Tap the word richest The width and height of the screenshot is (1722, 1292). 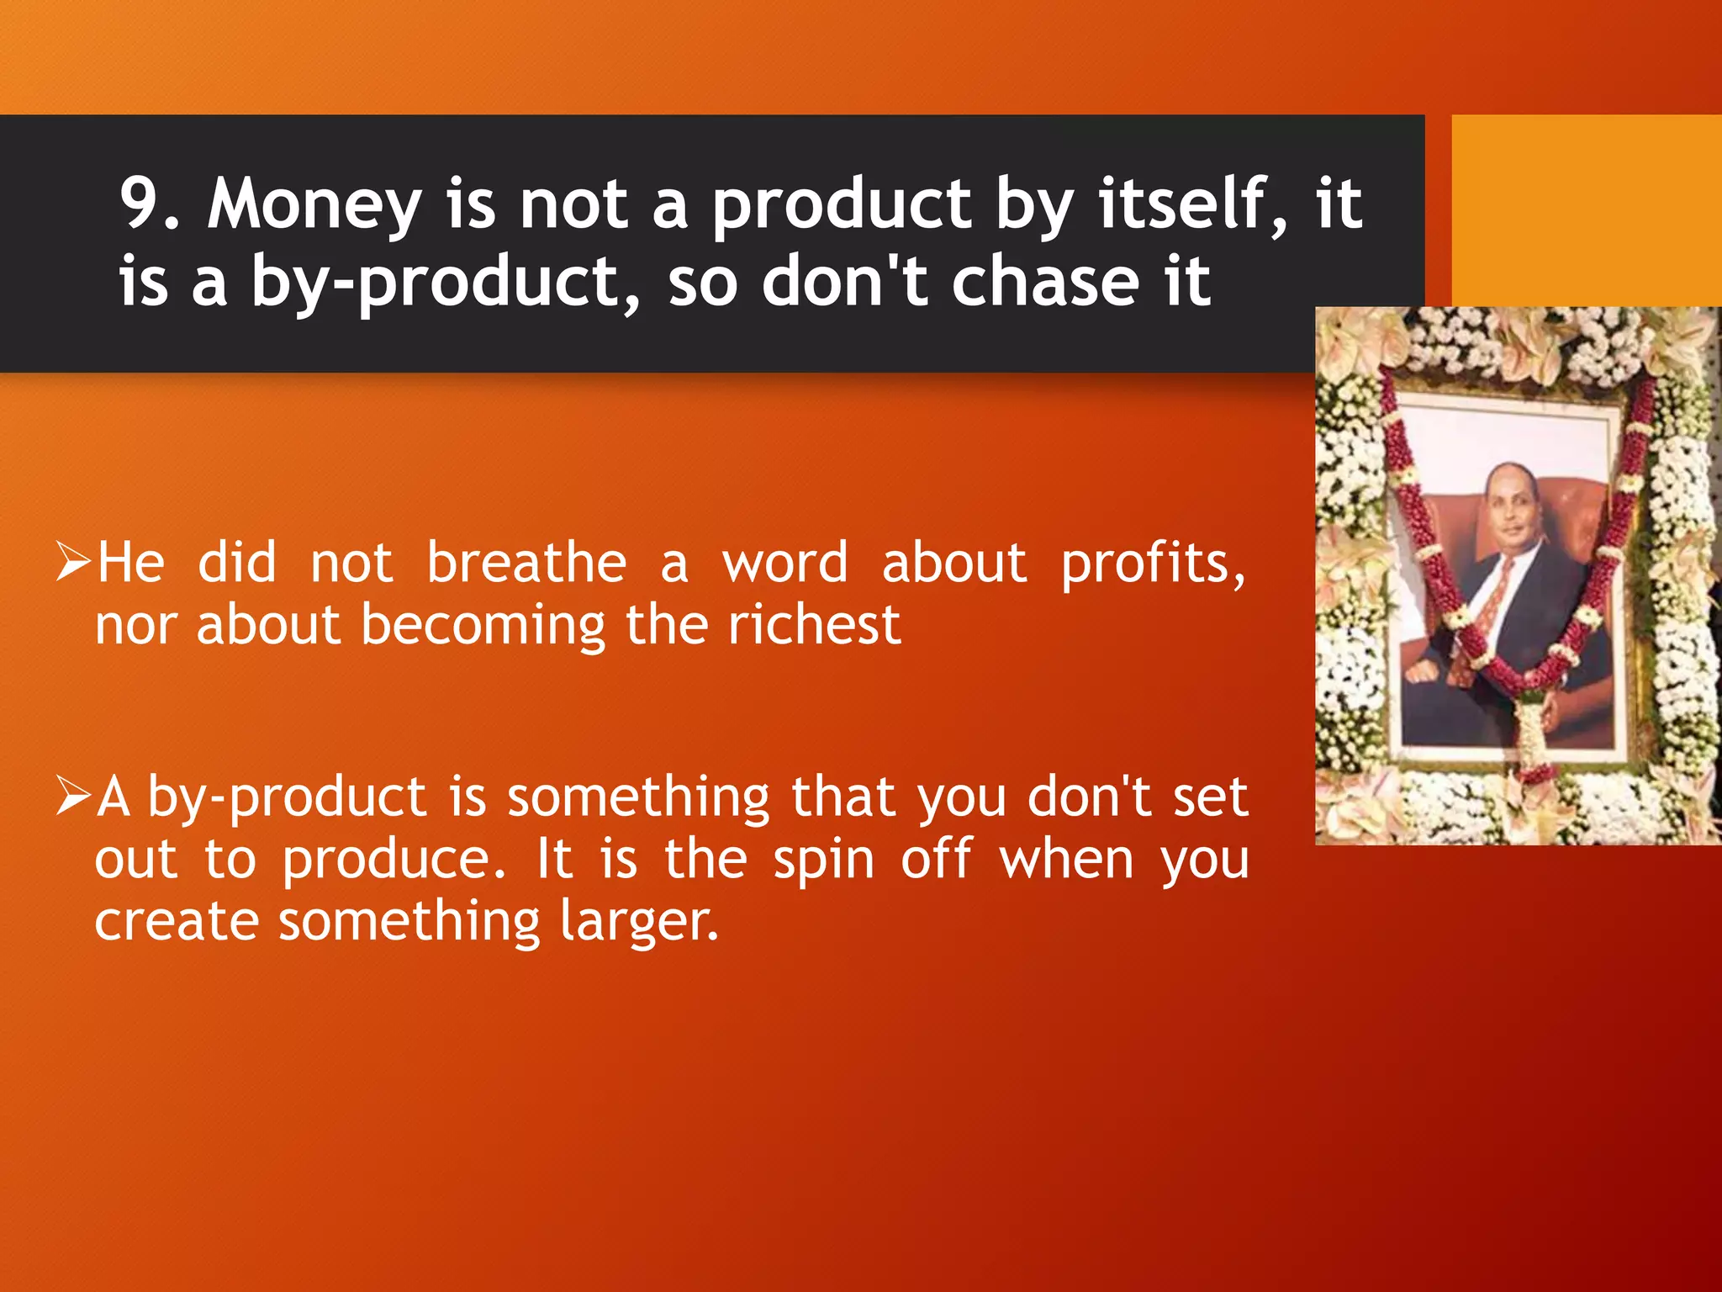click(x=814, y=625)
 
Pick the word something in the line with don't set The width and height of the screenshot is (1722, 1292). click(x=638, y=797)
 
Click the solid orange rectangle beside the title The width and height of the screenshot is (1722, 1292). click(x=1586, y=210)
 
